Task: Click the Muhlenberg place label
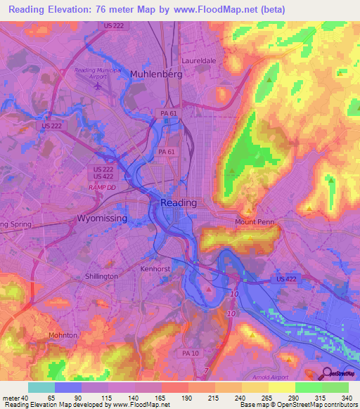(156, 74)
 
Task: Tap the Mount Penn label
(254, 222)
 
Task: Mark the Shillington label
(101, 277)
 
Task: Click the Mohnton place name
(64, 335)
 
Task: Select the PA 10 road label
(190, 352)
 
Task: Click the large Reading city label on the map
(179, 202)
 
